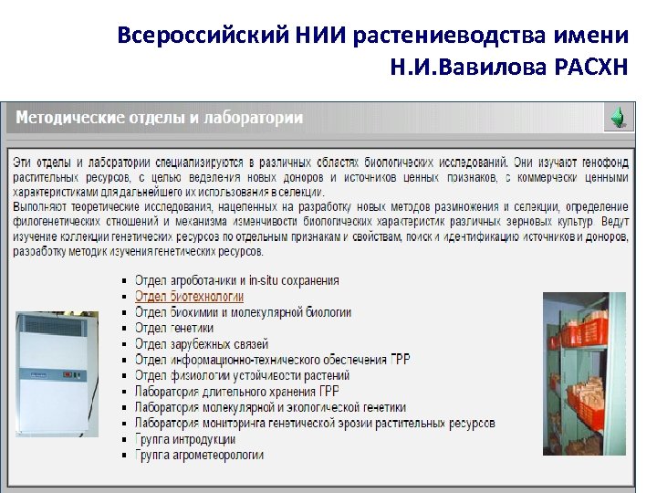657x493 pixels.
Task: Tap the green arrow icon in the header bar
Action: [618, 118]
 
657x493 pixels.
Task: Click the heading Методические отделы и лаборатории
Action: [161, 119]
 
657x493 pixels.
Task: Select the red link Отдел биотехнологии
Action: [189, 297]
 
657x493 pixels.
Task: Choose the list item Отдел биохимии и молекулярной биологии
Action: [242, 312]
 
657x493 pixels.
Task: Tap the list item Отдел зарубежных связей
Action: [201, 344]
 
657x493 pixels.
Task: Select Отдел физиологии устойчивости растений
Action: [242, 375]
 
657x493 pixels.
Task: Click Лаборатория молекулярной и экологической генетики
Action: [270, 407]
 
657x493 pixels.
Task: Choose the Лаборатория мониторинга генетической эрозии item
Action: [314, 423]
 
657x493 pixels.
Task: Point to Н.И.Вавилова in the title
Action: [468, 68]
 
